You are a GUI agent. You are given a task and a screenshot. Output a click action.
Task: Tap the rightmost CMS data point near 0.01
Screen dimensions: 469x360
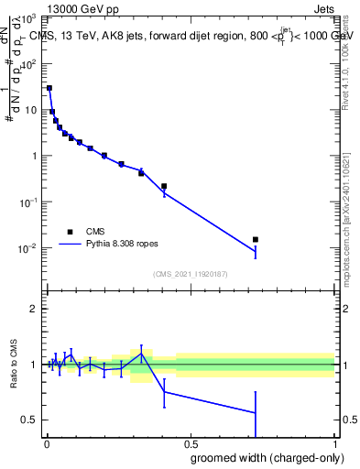pyautogui.click(x=256, y=239)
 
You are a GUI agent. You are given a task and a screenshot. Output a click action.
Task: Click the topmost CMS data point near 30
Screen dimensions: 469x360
pyautogui.click(x=49, y=88)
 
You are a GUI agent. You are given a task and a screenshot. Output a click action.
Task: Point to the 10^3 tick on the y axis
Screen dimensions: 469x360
pyautogui.click(x=44, y=18)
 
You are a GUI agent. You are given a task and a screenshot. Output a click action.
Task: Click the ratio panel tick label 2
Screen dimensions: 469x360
pyautogui.click(x=33, y=309)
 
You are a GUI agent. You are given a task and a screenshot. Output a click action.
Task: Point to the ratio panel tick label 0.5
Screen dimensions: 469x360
pyautogui.click(x=29, y=420)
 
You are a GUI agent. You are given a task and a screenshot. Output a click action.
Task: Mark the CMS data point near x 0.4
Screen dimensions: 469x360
pyautogui.click(x=164, y=186)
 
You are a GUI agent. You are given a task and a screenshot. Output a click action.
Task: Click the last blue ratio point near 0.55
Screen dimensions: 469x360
pyautogui.click(x=256, y=413)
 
